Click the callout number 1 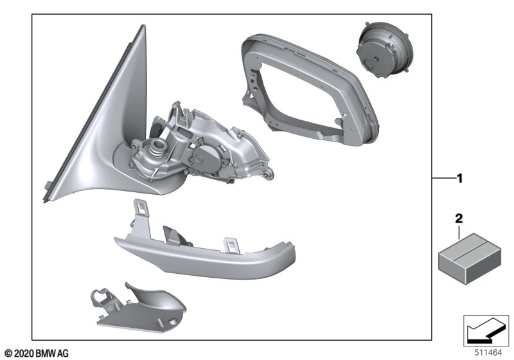click(x=460, y=179)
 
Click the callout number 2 click(x=459, y=219)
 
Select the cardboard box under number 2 click(x=470, y=259)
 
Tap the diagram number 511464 click(x=488, y=353)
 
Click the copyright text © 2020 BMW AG click(x=37, y=354)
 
